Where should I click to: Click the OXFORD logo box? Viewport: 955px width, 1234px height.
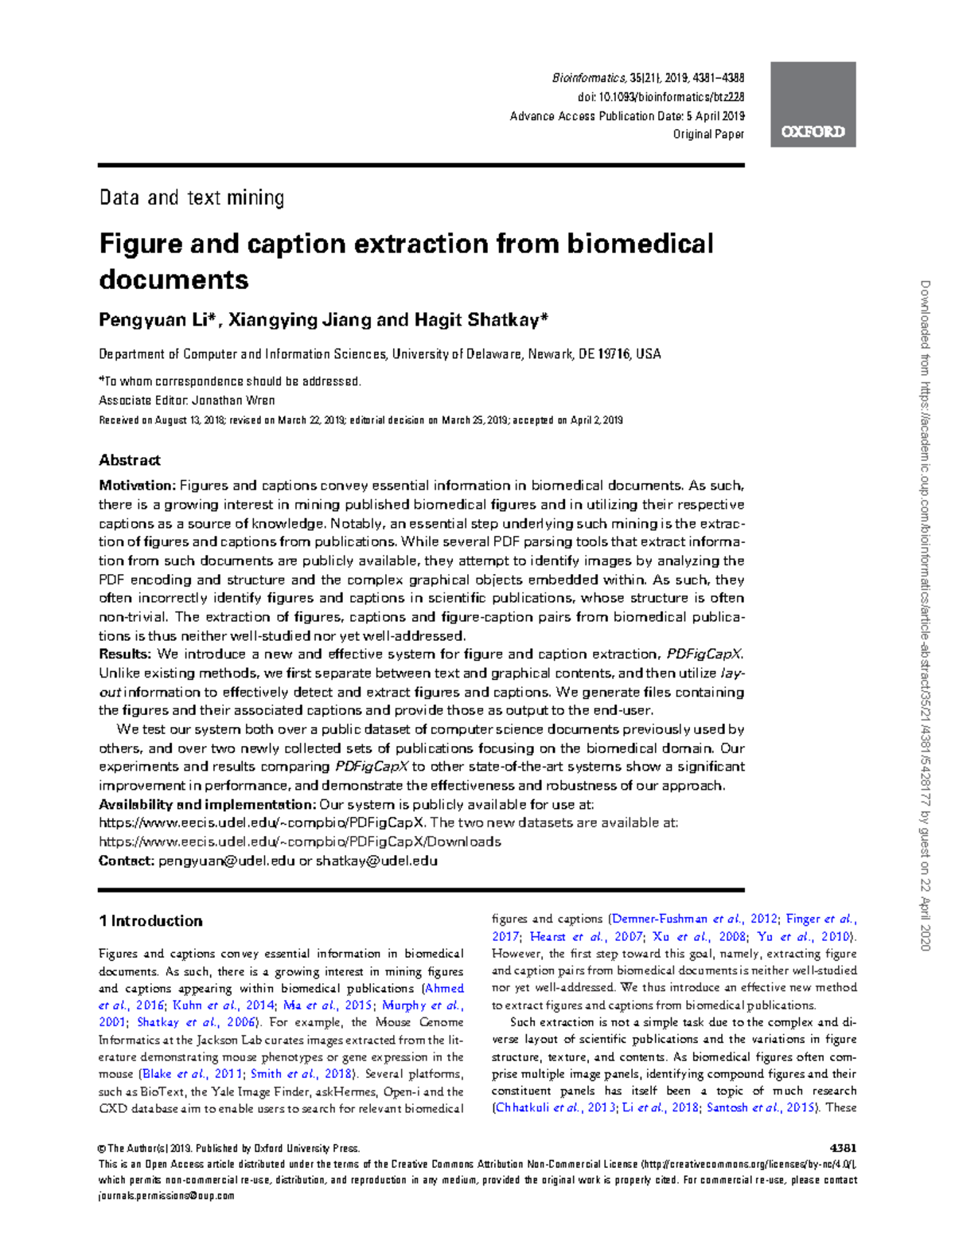coord(813,104)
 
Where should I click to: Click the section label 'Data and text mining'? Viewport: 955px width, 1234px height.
coord(192,197)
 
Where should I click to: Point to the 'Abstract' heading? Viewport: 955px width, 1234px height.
coord(130,460)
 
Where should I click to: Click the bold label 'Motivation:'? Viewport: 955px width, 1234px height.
coord(136,486)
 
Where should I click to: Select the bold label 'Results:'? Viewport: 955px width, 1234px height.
coord(124,654)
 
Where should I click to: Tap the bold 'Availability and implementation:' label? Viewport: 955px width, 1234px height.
coord(207,805)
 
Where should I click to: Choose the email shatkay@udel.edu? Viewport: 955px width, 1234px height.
coord(376,861)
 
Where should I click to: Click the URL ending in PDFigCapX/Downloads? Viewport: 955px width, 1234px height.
coord(299,842)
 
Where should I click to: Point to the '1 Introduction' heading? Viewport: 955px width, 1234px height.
coord(150,921)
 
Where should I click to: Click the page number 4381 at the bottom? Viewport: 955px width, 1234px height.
coord(843,1148)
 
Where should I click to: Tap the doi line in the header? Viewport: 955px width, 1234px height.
coord(661,97)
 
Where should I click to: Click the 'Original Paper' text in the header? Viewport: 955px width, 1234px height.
coord(708,134)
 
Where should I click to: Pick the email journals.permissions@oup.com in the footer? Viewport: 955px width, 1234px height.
coord(166,1196)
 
